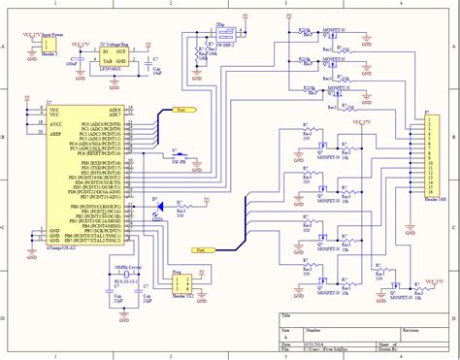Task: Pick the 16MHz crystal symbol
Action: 119,282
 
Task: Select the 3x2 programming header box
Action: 180,282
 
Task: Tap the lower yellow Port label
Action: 202,249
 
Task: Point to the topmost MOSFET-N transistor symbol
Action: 330,30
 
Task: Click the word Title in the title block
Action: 285,316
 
